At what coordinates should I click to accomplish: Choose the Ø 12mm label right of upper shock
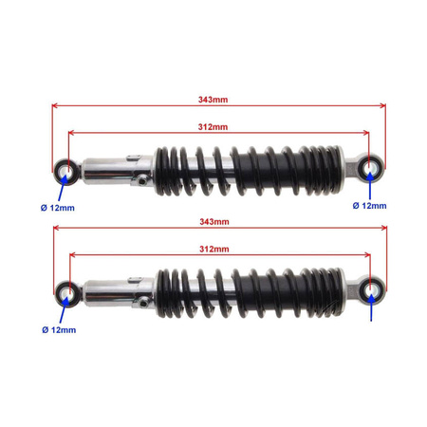pos(370,205)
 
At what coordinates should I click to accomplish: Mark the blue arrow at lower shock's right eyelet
pos(370,306)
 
